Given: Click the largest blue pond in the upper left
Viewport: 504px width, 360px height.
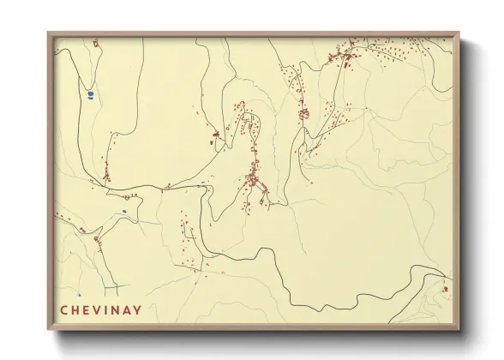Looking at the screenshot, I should pyautogui.click(x=89, y=95).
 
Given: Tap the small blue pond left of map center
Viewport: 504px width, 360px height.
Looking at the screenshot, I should pyautogui.click(x=124, y=212).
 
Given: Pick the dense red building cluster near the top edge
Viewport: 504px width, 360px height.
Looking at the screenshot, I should pyautogui.click(x=348, y=58).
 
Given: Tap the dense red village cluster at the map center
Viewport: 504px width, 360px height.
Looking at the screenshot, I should pyautogui.click(x=254, y=179).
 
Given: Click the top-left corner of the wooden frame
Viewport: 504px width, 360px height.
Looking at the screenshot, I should pyautogui.click(x=48, y=33).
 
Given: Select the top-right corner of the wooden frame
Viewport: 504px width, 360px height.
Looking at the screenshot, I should pyautogui.click(x=459, y=33).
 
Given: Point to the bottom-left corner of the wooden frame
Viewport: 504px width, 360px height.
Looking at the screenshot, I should pyautogui.click(x=48, y=331).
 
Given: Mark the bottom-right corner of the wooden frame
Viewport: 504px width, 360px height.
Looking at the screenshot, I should pyautogui.click(x=459, y=331).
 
